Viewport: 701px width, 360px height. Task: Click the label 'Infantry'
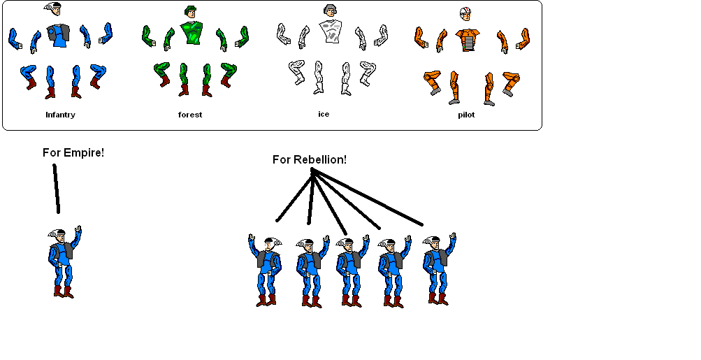click(60, 115)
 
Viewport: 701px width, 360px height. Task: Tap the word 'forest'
click(190, 115)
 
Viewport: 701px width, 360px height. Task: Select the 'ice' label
click(324, 114)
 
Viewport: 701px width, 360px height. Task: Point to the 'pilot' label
click(466, 115)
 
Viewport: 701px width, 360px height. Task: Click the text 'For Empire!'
click(73, 152)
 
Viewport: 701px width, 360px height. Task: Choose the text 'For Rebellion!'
click(310, 159)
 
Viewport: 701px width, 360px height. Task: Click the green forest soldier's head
click(191, 12)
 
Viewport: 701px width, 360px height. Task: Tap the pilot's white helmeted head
click(465, 14)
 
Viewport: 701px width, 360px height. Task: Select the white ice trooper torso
click(331, 31)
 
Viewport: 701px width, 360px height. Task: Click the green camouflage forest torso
click(191, 33)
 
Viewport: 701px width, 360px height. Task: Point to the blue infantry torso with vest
click(58, 36)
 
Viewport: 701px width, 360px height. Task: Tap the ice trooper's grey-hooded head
click(330, 10)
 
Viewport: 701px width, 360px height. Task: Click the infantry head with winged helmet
click(53, 8)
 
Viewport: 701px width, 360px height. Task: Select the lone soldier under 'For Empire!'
click(64, 262)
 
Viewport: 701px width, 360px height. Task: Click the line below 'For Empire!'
click(57, 188)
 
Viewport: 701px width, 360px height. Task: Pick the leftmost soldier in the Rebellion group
click(266, 271)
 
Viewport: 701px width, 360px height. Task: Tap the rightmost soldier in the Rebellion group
click(439, 269)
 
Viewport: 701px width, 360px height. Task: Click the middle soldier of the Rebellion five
click(352, 271)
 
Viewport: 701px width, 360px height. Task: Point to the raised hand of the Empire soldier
click(78, 229)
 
